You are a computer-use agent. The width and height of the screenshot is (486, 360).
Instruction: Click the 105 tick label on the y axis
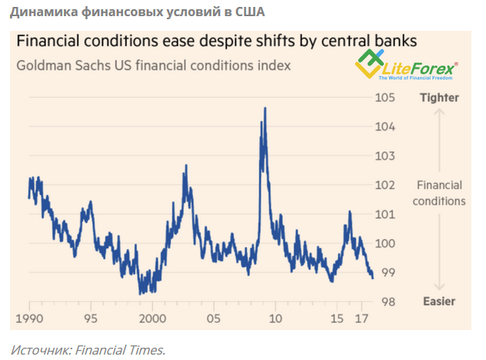pos(384,98)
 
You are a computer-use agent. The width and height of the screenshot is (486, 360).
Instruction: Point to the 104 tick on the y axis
pos(384,127)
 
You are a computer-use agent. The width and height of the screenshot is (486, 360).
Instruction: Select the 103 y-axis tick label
pos(384,156)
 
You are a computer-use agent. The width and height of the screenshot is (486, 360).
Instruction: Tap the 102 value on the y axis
pos(384,185)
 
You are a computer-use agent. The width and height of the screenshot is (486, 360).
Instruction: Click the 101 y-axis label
pos(384,215)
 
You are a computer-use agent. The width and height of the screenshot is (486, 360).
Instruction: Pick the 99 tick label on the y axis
pos(384,272)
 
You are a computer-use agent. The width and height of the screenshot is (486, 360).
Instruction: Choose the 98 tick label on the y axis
pos(384,302)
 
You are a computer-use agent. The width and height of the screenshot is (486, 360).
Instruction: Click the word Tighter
pos(439,98)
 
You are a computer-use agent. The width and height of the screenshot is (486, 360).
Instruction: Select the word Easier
pos(439,302)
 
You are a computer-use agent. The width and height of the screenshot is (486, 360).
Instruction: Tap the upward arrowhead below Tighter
pos(438,112)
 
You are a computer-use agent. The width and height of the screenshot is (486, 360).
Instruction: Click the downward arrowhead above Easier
pos(438,287)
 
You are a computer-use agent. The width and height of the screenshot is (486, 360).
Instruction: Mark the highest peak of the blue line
pos(265,108)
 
